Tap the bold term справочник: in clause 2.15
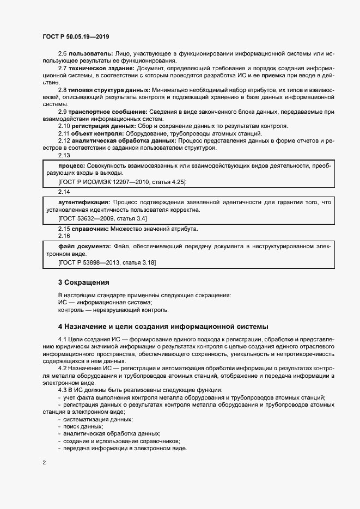coord(90,229)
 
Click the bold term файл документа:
coord(84,247)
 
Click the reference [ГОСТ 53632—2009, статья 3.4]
coord(102,218)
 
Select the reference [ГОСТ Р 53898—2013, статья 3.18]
coord(107,263)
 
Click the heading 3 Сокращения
coord(83,283)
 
